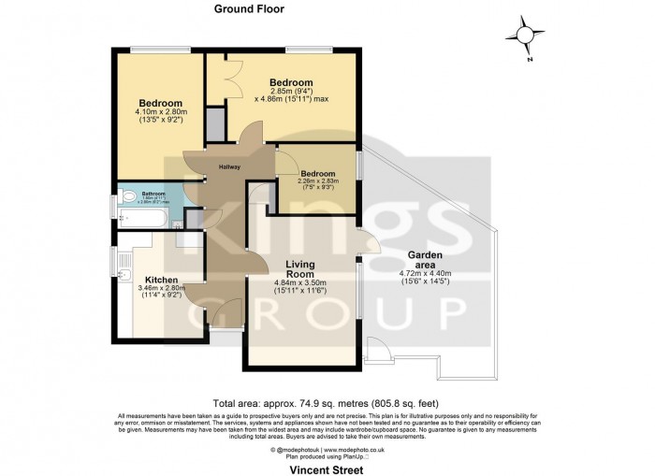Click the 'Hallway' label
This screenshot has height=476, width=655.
[x=230, y=166]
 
